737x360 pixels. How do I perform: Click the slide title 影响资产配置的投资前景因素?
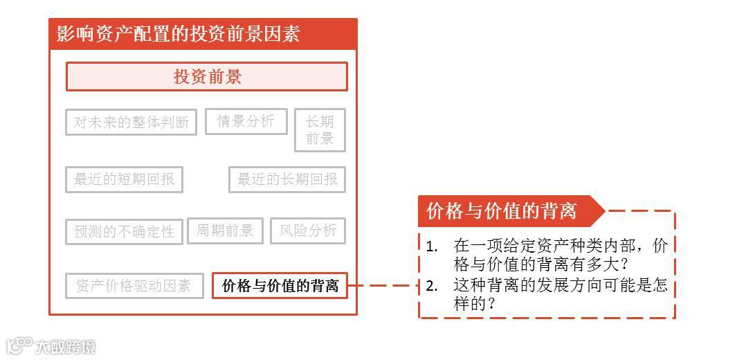178,34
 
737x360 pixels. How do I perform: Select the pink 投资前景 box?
206,77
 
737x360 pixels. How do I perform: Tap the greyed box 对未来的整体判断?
131,123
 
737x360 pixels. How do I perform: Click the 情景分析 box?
246,122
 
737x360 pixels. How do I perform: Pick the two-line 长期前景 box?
320,130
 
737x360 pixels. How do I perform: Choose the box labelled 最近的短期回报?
124,179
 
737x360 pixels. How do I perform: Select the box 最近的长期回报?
287,179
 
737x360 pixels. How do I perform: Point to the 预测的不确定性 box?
124,231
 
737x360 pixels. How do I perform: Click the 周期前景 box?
225,231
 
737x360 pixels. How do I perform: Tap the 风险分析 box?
308,231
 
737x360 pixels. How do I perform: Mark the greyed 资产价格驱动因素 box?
134,286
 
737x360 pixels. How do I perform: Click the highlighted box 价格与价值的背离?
280,285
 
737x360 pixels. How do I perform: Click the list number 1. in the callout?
433,246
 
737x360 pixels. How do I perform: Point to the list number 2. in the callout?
433,285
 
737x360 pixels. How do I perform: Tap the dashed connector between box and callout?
383,285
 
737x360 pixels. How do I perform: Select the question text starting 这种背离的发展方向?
561,294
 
